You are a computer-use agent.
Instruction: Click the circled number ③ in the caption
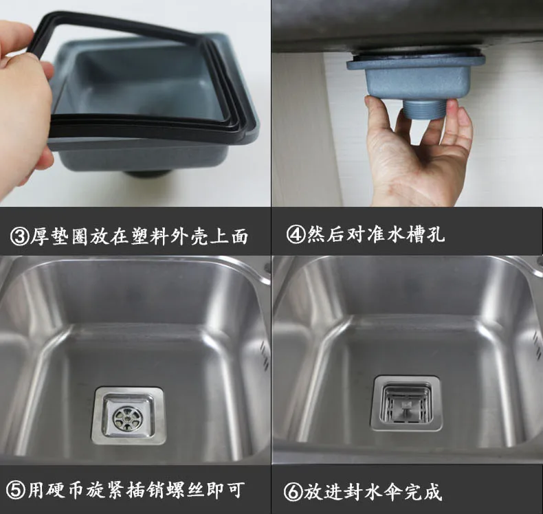pos(19,236)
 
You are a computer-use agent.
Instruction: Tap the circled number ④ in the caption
pos(296,234)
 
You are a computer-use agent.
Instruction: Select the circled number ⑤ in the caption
pos(16,490)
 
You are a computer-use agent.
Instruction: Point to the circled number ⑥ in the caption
pos(293,492)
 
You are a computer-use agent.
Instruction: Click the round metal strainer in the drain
pos(128,418)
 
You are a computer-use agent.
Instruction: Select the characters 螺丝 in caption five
pos(186,490)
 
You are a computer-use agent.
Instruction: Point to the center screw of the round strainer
pos(128,418)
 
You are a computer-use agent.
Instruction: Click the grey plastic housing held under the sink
pos(416,76)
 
